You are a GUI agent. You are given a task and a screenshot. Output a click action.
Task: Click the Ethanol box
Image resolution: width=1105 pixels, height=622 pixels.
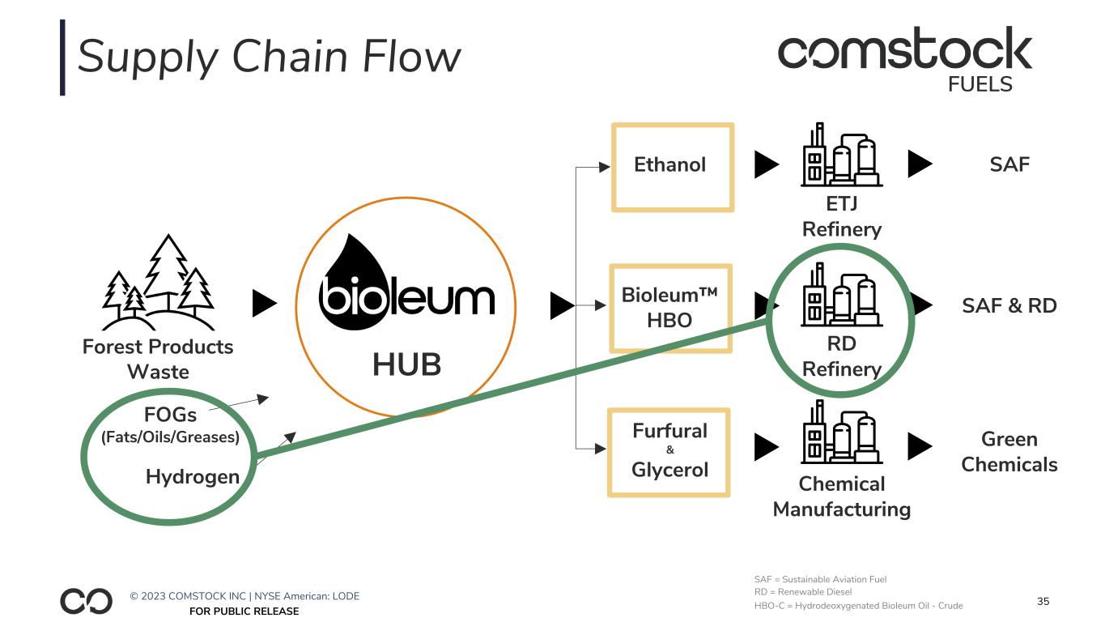click(672, 167)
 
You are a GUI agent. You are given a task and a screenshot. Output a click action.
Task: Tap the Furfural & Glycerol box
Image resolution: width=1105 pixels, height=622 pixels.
click(669, 451)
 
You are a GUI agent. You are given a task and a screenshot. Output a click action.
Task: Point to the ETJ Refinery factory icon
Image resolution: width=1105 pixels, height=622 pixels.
click(841, 155)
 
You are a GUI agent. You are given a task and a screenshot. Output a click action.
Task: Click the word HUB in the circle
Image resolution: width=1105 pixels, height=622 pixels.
click(406, 365)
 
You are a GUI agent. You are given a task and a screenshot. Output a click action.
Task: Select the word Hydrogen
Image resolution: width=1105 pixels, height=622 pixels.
click(193, 476)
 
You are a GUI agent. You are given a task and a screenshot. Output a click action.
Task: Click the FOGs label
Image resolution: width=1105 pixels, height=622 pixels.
click(170, 415)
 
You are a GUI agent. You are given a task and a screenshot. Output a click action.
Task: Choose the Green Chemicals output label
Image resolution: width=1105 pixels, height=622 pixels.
click(1009, 451)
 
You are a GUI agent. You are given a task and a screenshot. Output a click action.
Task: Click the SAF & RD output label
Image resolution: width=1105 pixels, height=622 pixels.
click(1009, 306)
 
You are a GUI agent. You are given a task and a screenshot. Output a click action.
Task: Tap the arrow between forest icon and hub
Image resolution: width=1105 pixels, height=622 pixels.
click(265, 304)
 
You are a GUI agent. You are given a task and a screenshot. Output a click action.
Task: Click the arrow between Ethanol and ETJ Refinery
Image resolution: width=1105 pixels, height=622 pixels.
click(766, 165)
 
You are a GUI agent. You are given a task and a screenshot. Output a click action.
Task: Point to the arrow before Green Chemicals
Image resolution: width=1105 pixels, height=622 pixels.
click(920, 445)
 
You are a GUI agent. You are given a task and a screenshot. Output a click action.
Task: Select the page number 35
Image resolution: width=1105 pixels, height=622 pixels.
click(1043, 601)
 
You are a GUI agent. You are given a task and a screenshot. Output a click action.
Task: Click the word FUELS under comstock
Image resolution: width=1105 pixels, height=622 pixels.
click(980, 84)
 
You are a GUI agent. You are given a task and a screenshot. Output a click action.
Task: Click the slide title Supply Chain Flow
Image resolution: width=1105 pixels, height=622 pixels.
click(269, 58)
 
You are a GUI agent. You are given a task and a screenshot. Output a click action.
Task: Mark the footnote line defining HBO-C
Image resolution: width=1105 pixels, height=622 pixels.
click(858, 606)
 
